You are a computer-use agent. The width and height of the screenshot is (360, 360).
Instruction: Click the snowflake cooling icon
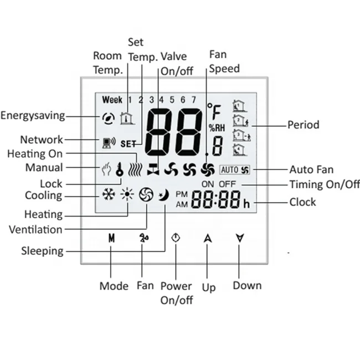point(108,195)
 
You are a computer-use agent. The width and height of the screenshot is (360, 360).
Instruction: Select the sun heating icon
point(127,195)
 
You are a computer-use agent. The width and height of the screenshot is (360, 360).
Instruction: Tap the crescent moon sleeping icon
point(164,195)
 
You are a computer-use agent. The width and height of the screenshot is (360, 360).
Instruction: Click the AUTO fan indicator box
point(235,169)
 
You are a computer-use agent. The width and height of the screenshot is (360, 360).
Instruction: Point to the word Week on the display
point(112,100)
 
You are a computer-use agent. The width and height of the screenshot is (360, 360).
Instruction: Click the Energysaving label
point(33,116)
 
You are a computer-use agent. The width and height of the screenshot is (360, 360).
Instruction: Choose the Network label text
point(42,140)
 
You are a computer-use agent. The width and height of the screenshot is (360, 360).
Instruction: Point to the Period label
point(303,125)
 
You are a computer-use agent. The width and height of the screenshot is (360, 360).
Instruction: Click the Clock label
point(302,202)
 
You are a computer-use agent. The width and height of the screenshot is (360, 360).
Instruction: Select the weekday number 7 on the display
point(193,100)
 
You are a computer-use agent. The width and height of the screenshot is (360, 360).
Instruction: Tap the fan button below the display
point(143,239)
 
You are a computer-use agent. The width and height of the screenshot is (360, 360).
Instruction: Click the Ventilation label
point(35,229)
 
